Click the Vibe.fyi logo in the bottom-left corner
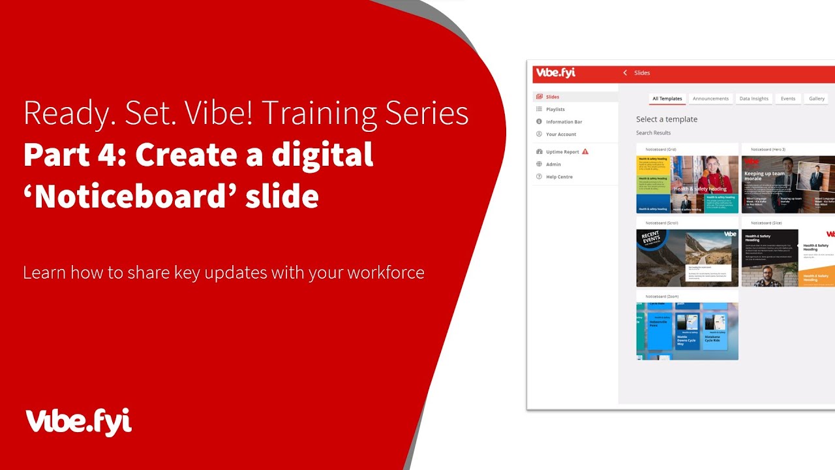pos(78,422)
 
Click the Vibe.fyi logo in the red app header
pos(554,72)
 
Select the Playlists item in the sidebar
pos(555,109)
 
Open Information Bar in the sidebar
pos(564,121)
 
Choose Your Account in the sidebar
pos(560,134)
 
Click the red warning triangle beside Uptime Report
pos(585,151)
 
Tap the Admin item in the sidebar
pos(553,164)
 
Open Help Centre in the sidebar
pos(559,176)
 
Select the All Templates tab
pos(667,99)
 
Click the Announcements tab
pos(710,99)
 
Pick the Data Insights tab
pos(753,99)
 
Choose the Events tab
pos(788,99)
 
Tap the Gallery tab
pos(817,99)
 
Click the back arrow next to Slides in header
pos(625,72)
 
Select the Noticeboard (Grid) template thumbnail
pos(687,184)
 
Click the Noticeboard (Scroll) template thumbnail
pos(687,258)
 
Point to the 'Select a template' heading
pos(666,119)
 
